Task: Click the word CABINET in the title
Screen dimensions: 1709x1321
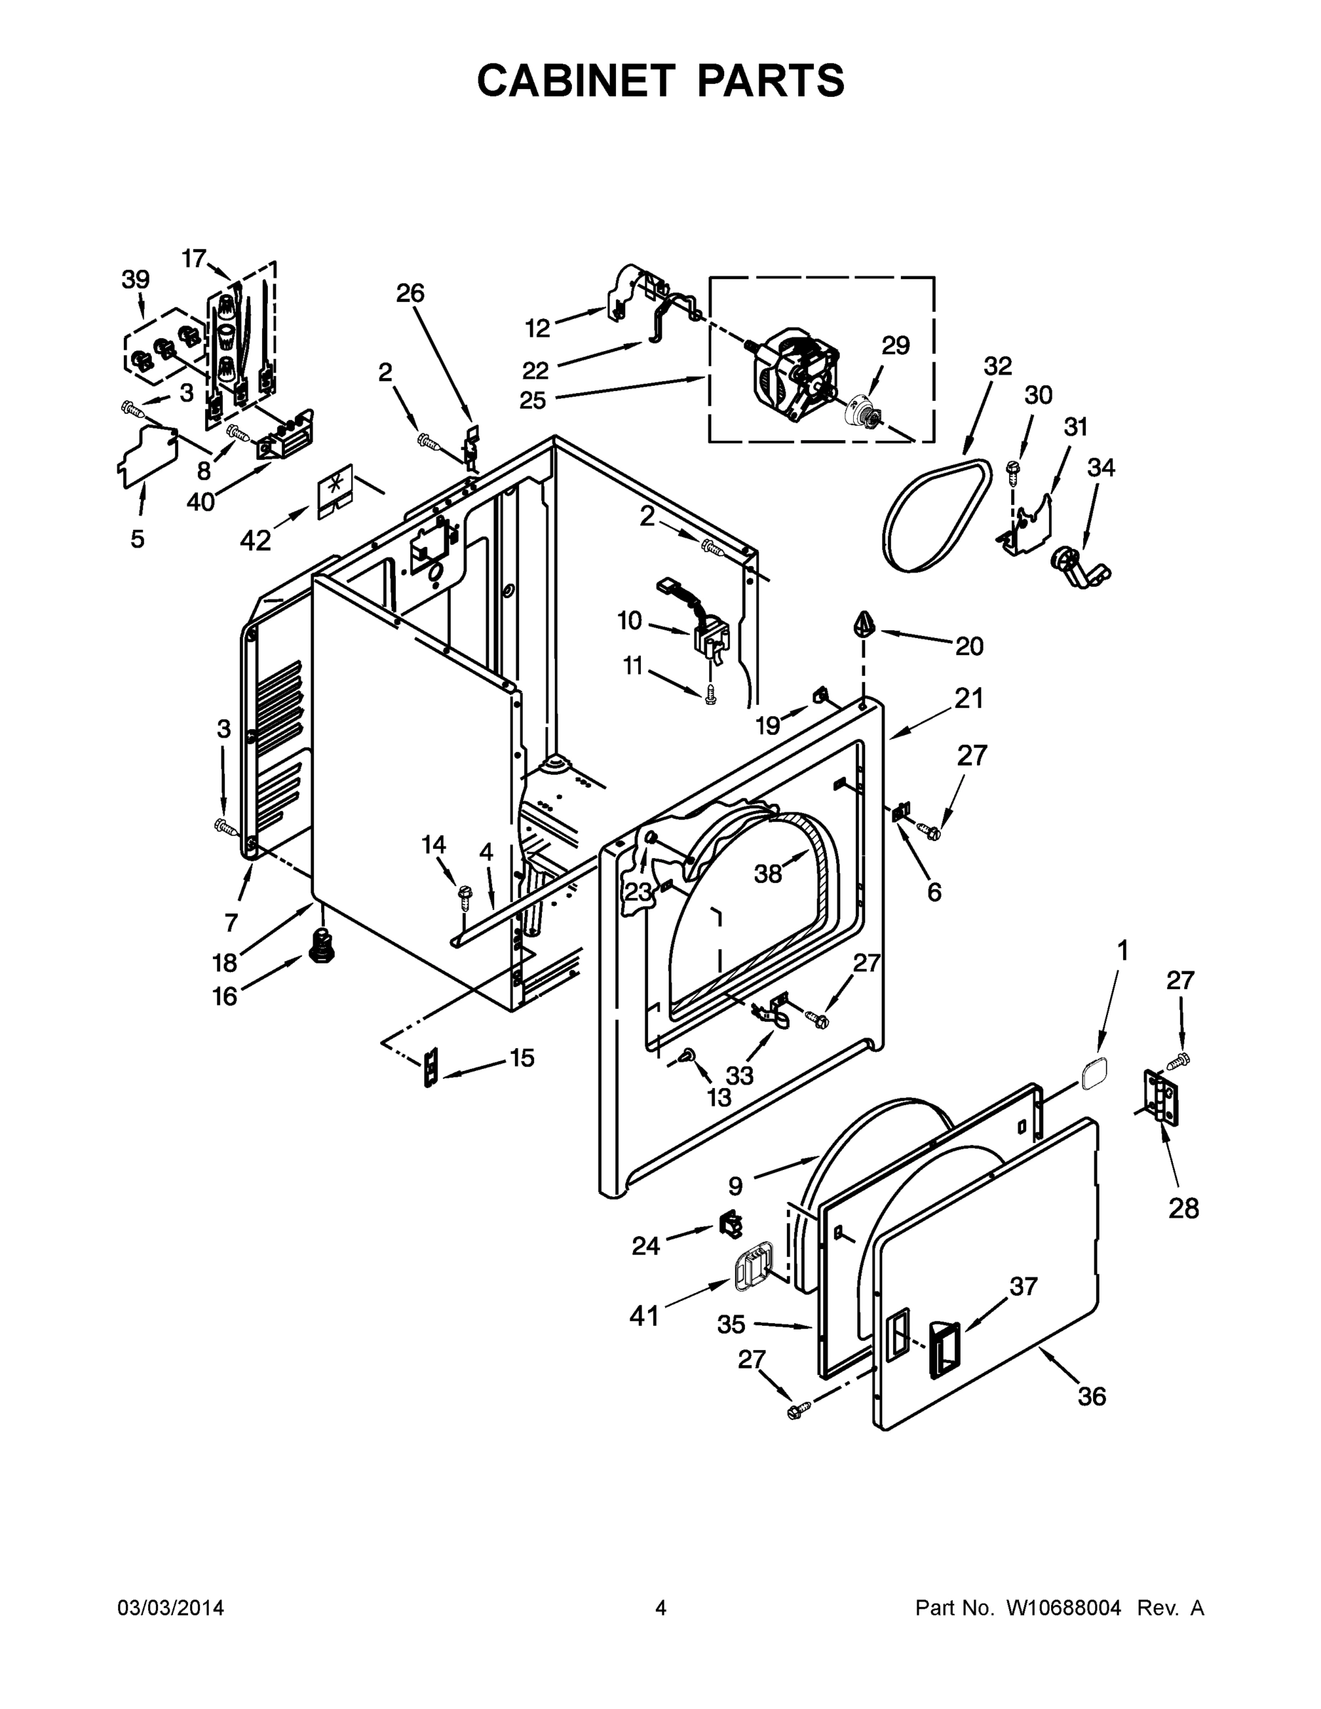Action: [x=576, y=80]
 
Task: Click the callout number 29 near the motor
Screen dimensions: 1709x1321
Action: [x=895, y=345]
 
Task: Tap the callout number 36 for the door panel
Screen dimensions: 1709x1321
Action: [x=1092, y=1395]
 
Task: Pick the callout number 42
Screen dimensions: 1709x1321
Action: [x=255, y=539]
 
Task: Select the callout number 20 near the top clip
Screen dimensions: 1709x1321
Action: [x=968, y=646]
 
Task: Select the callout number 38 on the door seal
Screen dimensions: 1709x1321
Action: [x=768, y=874]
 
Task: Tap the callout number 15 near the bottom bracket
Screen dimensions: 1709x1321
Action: [x=522, y=1058]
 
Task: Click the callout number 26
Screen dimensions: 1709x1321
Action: [x=409, y=293]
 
